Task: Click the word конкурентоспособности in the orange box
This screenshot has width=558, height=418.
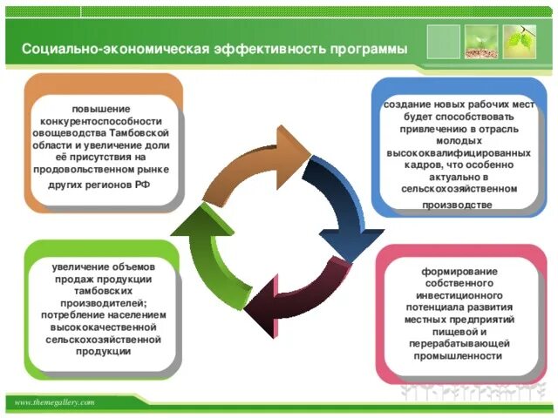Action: (x=106, y=121)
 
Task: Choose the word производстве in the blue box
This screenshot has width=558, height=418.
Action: (x=457, y=206)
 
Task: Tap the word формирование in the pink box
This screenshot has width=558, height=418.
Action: (x=459, y=272)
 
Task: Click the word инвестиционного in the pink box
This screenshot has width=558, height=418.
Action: (x=459, y=296)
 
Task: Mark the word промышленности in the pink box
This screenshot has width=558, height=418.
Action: (x=459, y=356)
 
